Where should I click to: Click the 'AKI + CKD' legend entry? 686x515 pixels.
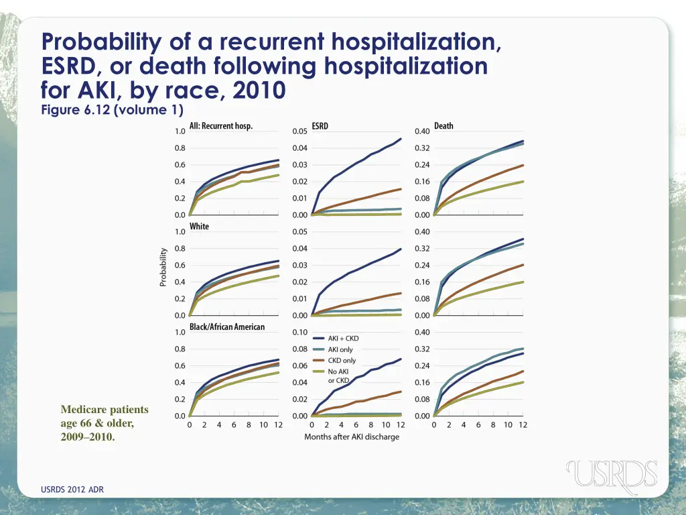point(343,339)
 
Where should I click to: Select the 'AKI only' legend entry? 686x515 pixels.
point(340,349)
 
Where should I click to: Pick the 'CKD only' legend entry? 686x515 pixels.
point(342,361)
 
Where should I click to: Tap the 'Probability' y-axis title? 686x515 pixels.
point(163,267)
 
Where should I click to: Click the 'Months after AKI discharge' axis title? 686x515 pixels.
point(352,437)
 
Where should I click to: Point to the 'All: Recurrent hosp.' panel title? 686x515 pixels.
point(221,126)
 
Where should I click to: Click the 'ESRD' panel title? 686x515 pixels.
point(320,126)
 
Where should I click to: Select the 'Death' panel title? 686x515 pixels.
point(443,126)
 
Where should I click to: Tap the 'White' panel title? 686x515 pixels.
point(199,227)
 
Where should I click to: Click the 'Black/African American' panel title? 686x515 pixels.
point(227,327)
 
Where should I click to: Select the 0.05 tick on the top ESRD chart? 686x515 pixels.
point(300,131)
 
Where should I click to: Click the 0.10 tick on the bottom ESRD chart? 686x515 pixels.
point(300,333)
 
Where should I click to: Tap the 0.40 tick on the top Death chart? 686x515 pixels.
point(422,131)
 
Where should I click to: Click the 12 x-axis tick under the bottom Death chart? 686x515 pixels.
point(523,425)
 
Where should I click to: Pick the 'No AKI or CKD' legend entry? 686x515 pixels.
point(338,376)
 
